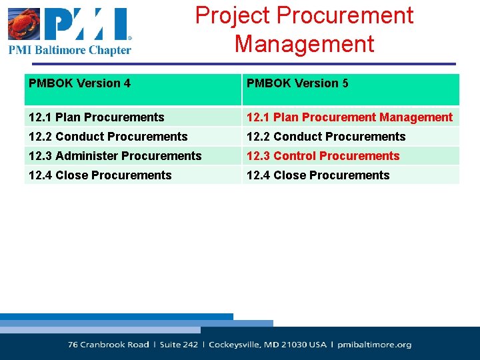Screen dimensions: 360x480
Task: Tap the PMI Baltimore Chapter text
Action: [x=69, y=50]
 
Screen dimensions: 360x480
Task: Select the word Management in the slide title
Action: [x=304, y=44]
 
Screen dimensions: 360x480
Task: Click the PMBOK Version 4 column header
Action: [x=79, y=83]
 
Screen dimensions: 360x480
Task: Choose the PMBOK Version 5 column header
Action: [x=297, y=83]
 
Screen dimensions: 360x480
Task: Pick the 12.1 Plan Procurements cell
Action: [x=96, y=117]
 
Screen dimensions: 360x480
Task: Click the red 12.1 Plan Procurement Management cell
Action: [x=349, y=117]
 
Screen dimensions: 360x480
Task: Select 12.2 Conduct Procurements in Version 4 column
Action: [x=108, y=137]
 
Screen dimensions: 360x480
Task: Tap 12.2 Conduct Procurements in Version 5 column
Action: [x=326, y=137]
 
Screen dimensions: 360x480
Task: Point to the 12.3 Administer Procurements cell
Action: [x=115, y=156]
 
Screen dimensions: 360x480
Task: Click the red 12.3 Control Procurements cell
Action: [x=323, y=156]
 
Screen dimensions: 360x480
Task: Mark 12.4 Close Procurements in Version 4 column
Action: [x=100, y=175]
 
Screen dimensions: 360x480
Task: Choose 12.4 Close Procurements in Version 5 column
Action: [x=318, y=175]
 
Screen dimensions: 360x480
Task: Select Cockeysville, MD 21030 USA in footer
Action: [x=268, y=345]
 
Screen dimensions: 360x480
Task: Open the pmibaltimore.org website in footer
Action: [x=374, y=345]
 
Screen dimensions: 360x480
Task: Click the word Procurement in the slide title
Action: [x=345, y=15]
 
